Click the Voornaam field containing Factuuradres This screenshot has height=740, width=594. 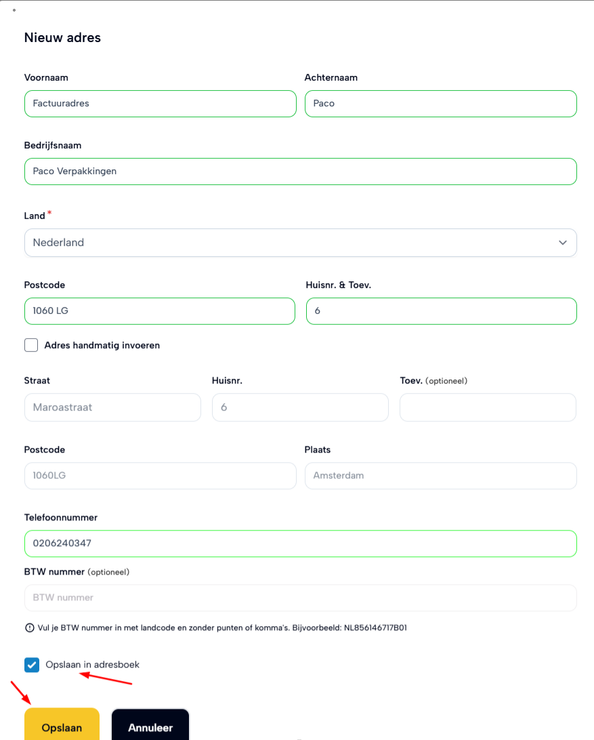point(160,104)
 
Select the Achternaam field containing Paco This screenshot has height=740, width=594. point(440,104)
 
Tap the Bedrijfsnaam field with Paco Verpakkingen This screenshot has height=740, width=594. point(300,171)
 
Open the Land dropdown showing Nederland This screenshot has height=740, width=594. point(300,243)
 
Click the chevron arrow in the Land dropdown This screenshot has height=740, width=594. point(563,243)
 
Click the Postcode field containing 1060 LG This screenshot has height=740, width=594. point(159,311)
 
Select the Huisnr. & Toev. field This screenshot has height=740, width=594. point(441,311)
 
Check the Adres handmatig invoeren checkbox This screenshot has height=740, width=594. point(31,345)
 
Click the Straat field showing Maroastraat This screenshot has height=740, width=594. point(112,407)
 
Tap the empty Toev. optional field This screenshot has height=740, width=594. point(488,407)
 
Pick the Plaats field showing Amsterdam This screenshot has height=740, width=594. point(440,476)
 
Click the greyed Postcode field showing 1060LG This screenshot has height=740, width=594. point(160,476)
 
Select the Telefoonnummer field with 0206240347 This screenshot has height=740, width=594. point(300,543)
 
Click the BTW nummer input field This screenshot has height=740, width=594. point(300,598)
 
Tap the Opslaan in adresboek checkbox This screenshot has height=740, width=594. point(32,665)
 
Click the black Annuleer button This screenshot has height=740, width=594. point(150,727)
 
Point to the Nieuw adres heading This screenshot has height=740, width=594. point(62,38)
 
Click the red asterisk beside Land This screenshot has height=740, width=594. point(49,214)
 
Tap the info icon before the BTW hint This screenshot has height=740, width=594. point(29,628)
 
